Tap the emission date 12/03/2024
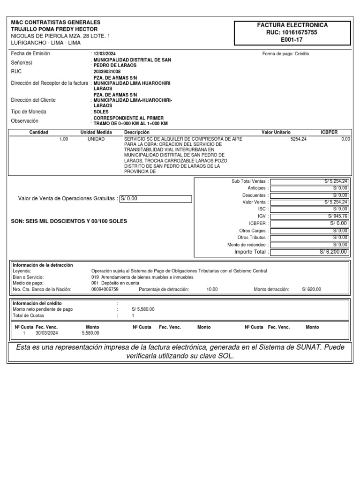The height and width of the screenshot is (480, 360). coord(105,54)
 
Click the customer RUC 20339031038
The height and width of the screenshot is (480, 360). coord(107,72)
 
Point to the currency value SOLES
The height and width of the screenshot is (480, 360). coord(101,112)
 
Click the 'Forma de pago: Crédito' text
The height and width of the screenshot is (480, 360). coord(285,54)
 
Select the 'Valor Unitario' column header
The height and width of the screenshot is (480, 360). coord(276,133)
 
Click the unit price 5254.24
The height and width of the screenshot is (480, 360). coord(299,139)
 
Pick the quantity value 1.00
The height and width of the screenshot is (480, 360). coord(64,139)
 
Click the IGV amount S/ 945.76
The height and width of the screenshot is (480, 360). coord(337,216)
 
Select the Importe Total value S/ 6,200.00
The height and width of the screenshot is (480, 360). coord(333,252)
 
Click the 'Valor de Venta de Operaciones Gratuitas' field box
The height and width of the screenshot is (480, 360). coord(156,199)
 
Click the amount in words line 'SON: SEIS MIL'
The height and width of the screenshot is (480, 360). coord(68,221)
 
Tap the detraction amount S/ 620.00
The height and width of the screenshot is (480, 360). coord(312,290)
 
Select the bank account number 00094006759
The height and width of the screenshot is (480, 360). coord(105,290)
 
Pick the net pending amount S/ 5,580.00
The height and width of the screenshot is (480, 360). coord(143,309)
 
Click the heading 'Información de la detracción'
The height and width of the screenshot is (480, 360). coord(43,265)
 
